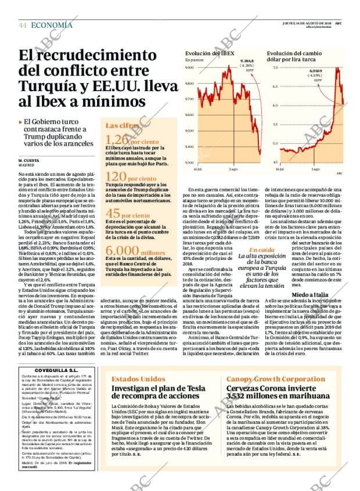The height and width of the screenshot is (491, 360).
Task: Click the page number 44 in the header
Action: tap(23, 25)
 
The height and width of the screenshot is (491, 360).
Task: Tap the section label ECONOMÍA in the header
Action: tap(52, 25)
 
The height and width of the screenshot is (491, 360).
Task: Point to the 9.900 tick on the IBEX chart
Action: tap(189, 68)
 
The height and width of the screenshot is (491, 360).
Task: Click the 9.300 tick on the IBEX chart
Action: tap(189, 163)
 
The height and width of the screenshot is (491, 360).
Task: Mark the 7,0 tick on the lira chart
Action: tap(275, 68)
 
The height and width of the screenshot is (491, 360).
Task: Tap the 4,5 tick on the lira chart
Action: tap(275, 163)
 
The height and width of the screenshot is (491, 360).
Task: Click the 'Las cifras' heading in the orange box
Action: tap(122, 125)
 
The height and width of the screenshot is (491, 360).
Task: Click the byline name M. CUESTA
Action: tap(28, 160)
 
